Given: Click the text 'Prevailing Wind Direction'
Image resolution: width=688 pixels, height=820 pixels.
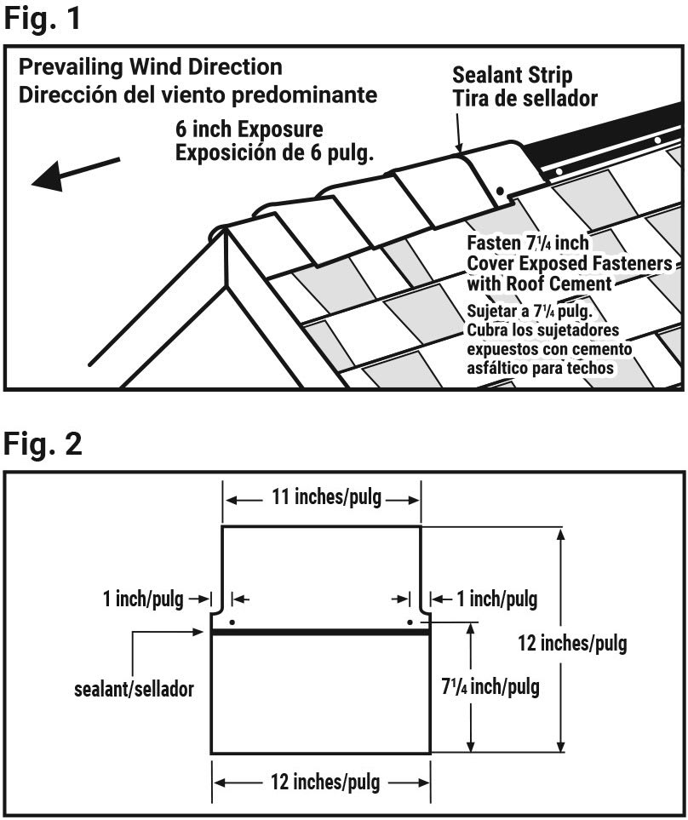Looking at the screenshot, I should tap(150, 66).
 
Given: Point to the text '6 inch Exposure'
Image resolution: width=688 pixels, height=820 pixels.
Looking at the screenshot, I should tap(249, 131).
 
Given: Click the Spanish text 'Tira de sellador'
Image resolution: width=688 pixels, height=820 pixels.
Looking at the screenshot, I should tap(525, 98).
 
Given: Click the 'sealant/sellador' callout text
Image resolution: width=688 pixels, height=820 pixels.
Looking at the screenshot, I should tap(134, 689).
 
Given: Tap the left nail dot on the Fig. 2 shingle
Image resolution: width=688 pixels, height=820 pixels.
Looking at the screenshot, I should tap(233, 611).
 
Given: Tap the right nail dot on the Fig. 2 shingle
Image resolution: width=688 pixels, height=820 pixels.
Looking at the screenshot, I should tap(410, 622).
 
